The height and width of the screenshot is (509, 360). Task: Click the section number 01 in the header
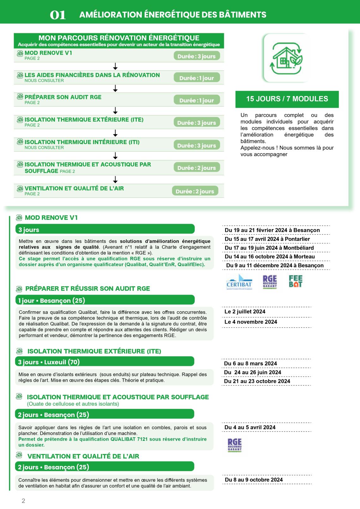click(58, 15)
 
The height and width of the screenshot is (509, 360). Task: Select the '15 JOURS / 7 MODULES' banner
click(287, 99)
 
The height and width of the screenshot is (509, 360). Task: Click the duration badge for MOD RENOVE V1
click(196, 56)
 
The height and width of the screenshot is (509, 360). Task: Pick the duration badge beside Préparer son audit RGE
click(196, 100)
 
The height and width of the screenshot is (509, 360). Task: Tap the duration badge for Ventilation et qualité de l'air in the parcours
click(195, 191)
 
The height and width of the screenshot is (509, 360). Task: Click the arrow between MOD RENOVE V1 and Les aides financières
click(115, 66)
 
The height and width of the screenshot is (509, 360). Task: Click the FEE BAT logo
click(295, 281)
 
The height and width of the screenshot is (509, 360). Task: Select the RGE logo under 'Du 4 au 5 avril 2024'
click(234, 445)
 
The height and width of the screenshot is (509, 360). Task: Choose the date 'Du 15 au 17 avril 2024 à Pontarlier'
click(267, 239)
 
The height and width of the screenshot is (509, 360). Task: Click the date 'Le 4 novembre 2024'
click(251, 322)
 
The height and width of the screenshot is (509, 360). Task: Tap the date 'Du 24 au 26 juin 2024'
click(253, 372)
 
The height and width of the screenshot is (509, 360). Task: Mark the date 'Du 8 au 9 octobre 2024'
click(254, 480)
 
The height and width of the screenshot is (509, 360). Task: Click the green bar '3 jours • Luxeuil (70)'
click(105, 362)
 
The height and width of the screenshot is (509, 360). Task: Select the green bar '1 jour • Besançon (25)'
click(105, 300)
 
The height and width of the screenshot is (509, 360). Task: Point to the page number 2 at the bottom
click(23, 501)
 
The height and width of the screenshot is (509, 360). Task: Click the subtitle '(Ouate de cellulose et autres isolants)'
click(73, 404)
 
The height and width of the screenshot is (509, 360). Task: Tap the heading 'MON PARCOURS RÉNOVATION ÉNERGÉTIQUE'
click(119, 38)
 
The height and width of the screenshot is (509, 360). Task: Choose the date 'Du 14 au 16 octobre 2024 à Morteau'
click(270, 257)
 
